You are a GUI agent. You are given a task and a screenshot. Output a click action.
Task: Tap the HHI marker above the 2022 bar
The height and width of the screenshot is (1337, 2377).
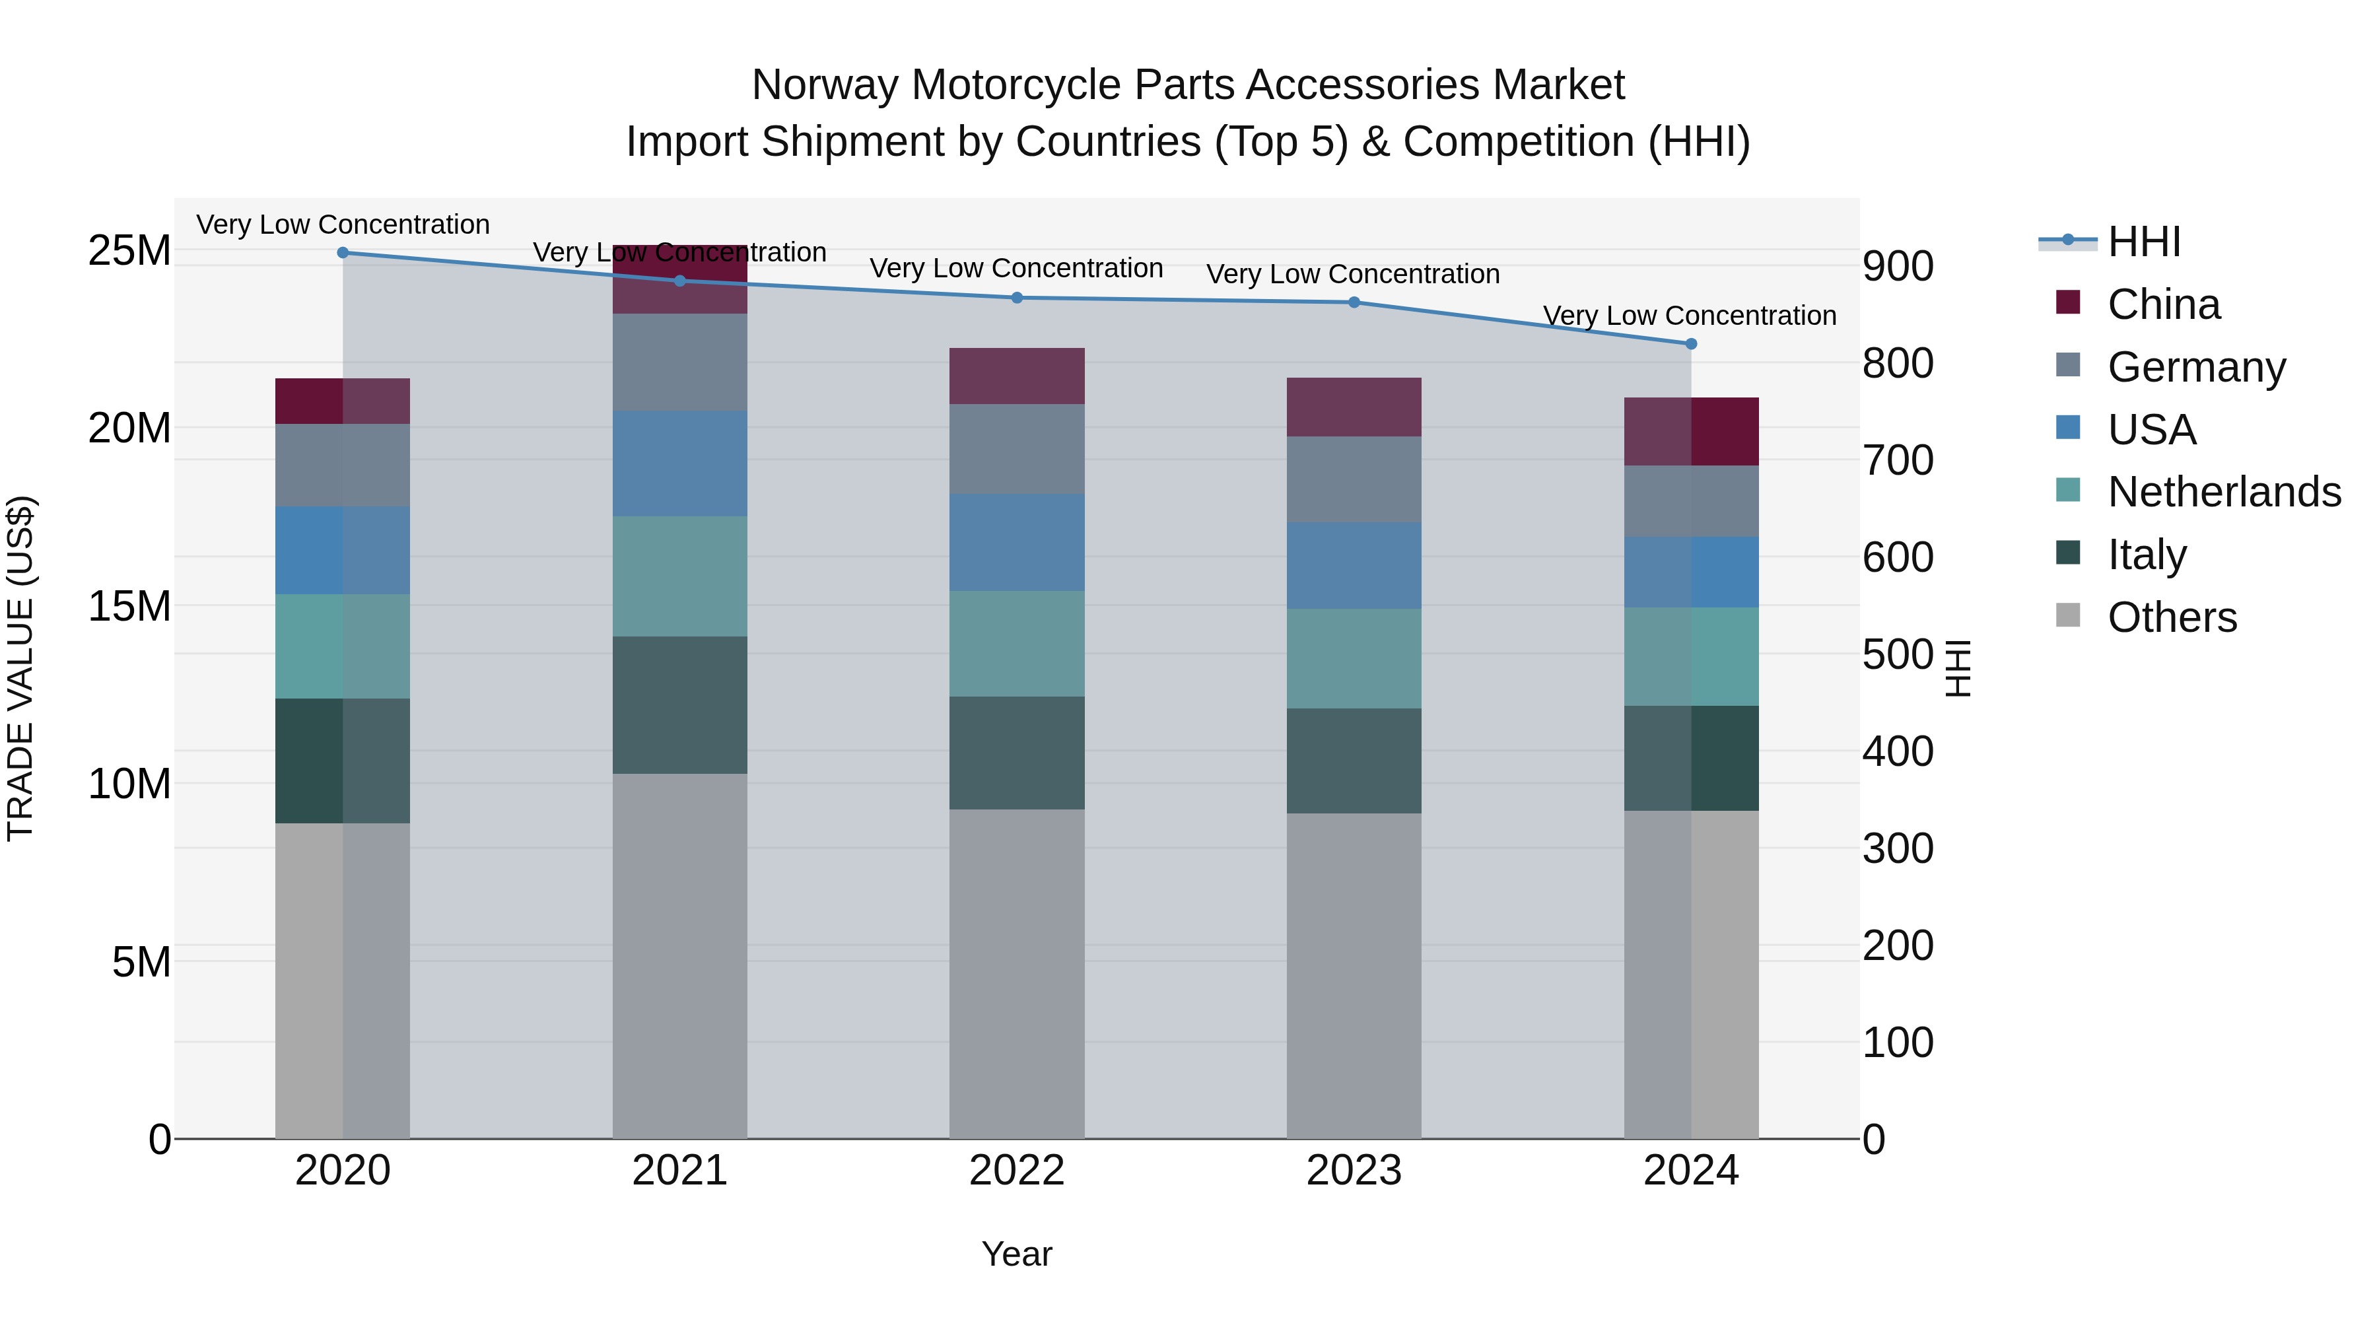coord(1017,298)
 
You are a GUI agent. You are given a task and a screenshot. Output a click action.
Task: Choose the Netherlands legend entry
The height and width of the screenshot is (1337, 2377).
coord(2223,492)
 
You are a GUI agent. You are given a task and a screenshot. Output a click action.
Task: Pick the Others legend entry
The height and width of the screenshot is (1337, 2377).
coord(2171,617)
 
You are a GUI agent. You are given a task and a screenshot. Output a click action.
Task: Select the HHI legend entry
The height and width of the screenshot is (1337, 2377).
coord(2143,242)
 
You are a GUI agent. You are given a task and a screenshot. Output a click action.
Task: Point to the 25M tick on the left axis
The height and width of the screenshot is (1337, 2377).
coord(129,251)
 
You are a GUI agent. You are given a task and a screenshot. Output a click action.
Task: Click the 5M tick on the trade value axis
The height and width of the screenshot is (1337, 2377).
coord(141,963)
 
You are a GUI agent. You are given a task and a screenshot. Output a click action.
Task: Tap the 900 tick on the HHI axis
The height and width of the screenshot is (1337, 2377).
coord(1897,267)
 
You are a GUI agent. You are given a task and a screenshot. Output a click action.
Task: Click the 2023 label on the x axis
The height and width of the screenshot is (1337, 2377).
coord(1354,1171)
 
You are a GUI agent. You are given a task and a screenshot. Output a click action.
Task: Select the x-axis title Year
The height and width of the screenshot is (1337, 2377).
coord(1017,1254)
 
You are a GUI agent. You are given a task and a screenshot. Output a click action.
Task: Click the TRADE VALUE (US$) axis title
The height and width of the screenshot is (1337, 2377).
coord(20,668)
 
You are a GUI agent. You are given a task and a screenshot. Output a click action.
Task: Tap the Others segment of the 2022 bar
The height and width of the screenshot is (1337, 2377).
coord(1017,973)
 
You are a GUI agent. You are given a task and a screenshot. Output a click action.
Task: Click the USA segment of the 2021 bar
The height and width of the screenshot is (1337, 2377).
coord(680,463)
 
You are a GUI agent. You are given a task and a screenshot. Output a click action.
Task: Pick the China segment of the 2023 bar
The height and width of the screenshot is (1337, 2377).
coord(1354,407)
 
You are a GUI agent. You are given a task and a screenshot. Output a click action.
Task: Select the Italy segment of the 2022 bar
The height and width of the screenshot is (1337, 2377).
coord(1017,753)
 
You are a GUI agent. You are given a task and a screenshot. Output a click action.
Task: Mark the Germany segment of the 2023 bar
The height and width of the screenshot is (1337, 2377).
coord(1354,480)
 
